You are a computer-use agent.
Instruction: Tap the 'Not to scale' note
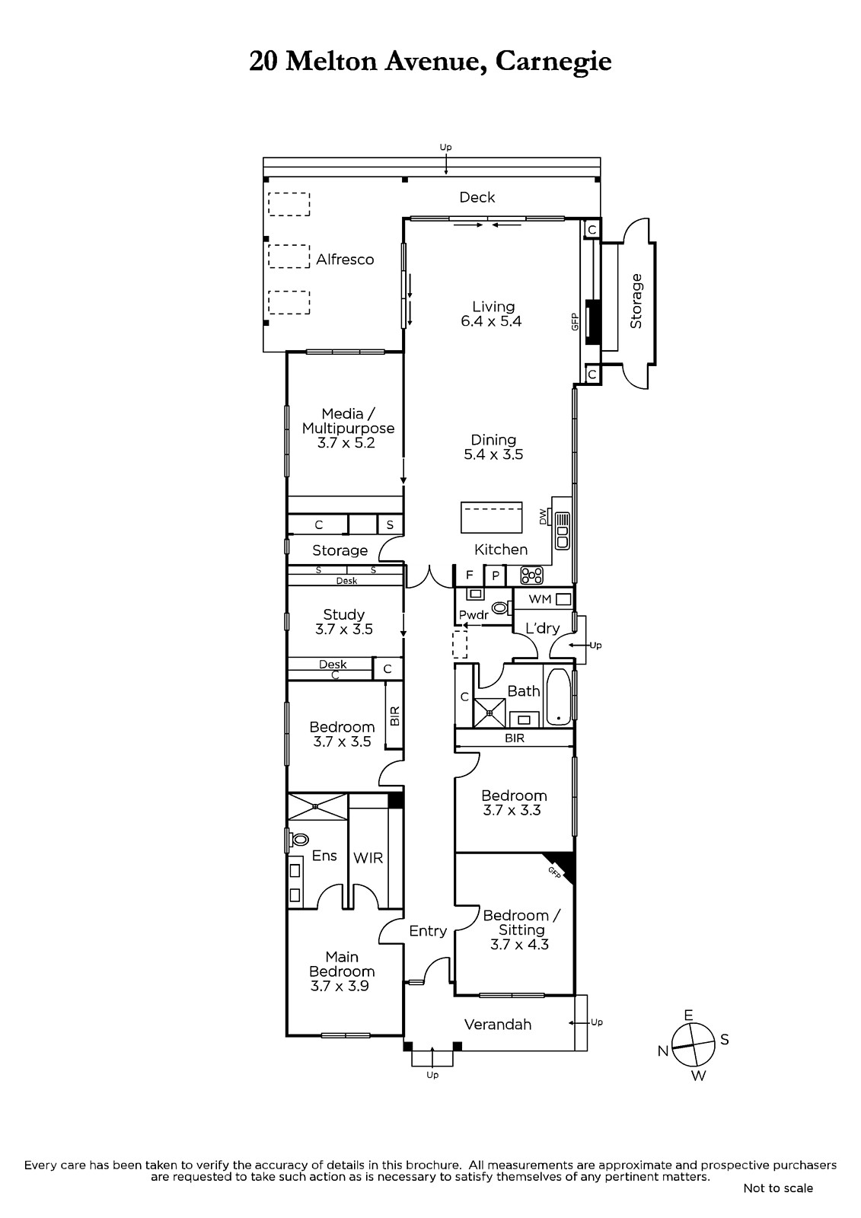click(778, 1188)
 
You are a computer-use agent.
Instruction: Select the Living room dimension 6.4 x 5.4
click(490, 321)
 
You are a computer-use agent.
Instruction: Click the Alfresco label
click(345, 260)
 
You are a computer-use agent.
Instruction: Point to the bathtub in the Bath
click(557, 697)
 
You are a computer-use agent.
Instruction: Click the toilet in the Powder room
click(500, 607)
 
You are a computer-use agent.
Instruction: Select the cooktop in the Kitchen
click(531, 576)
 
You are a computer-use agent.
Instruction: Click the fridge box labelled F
click(470, 576)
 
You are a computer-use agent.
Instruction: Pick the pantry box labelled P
click(496, 576)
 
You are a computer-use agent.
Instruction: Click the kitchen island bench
click(491, 518)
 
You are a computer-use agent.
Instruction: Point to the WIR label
click(368, 858)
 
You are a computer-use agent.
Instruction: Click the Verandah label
click(498, 1025)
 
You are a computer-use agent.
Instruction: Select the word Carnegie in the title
click(553, 62)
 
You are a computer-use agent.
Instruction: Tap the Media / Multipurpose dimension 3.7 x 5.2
click(346, 442)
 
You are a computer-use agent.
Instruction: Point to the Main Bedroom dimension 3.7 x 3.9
click(340, 985)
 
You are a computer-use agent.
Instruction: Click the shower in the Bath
click(489, 713)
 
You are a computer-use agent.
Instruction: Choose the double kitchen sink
click(562, 529)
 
